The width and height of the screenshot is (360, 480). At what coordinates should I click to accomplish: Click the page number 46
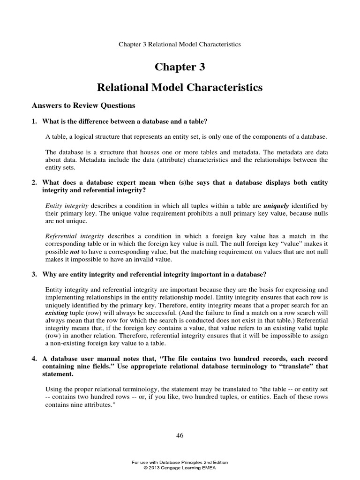click(180, 435)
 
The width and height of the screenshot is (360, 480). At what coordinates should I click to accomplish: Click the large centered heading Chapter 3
click(180, 67)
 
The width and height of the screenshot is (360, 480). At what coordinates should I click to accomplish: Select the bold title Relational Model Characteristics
click(180, 88)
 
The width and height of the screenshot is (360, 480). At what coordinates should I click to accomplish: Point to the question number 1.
click(34, 121)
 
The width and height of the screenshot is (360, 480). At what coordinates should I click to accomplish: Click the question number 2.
click(34, 182)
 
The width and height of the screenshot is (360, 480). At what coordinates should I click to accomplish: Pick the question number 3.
click(34, 274)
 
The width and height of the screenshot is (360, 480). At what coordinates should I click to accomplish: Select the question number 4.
click(34, 359)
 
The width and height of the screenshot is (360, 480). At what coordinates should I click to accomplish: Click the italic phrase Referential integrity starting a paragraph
click(67, 236)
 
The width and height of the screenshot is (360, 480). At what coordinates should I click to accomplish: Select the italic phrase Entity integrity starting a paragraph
click(63, 206)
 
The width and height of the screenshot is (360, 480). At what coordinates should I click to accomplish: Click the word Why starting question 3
click(49, 274)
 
